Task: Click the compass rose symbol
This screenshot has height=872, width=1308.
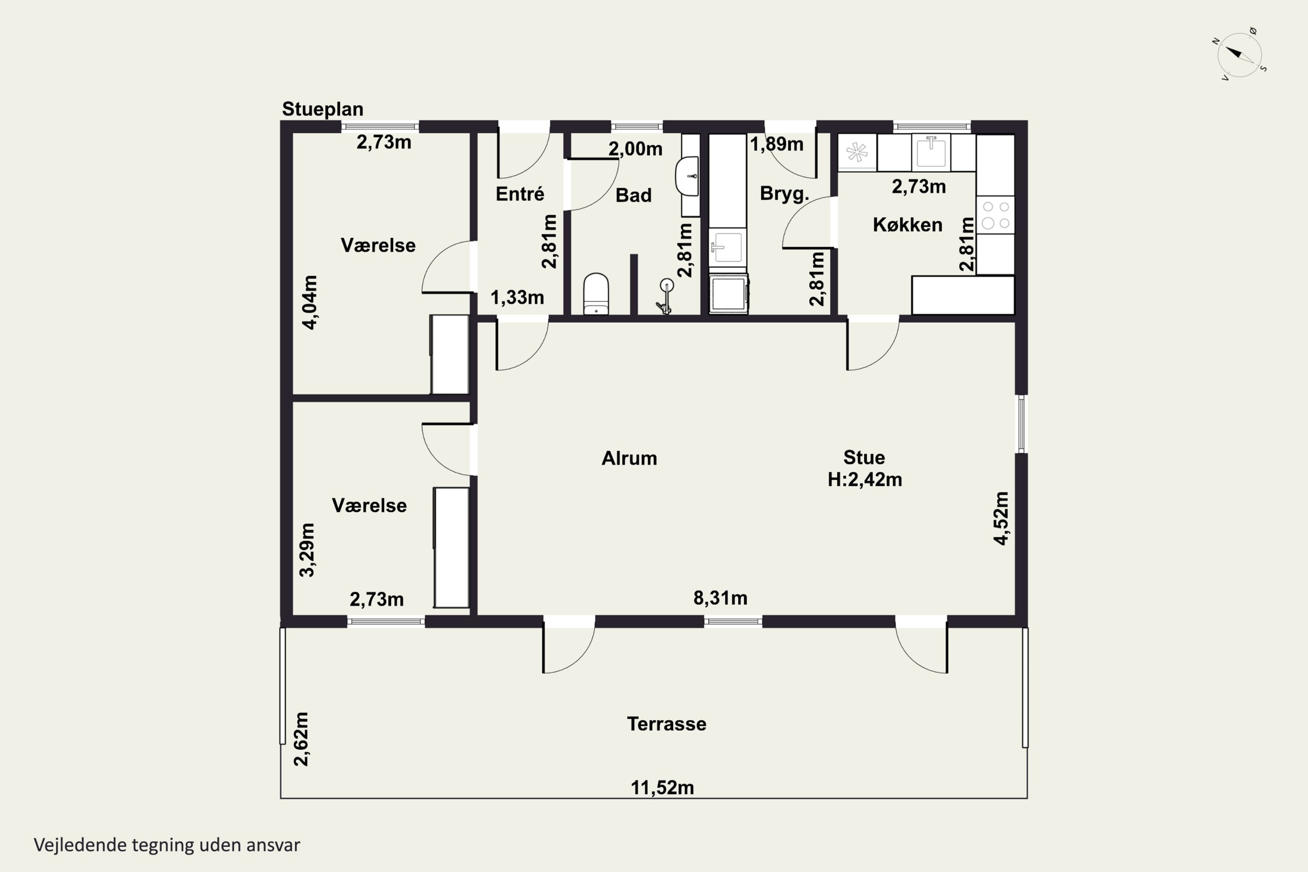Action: pos(1240,54)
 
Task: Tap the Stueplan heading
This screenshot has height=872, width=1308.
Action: pos(323,109)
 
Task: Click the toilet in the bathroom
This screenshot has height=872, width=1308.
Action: pos(596,293)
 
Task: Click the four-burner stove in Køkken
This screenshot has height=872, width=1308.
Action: pos(995,215)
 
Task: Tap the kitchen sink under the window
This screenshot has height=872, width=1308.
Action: pos(931,152)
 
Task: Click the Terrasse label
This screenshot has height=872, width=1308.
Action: pos(666,724)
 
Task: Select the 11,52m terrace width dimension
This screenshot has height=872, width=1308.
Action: pos(662,787)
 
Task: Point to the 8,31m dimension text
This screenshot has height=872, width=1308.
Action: pos(720,598)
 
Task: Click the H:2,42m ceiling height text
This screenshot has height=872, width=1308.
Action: pos(865,479)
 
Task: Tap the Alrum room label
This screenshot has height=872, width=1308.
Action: pos(629,458)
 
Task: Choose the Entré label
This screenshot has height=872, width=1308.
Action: pos(520,194)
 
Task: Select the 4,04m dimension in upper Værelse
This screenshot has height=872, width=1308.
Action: pos(310,302)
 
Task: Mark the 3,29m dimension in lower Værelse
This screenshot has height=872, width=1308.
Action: pos(307,549)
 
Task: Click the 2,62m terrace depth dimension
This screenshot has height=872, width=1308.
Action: pos(301,739)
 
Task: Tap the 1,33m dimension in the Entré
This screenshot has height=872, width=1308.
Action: pos(517,297)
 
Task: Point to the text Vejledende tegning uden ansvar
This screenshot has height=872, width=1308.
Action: pos(167,845)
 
